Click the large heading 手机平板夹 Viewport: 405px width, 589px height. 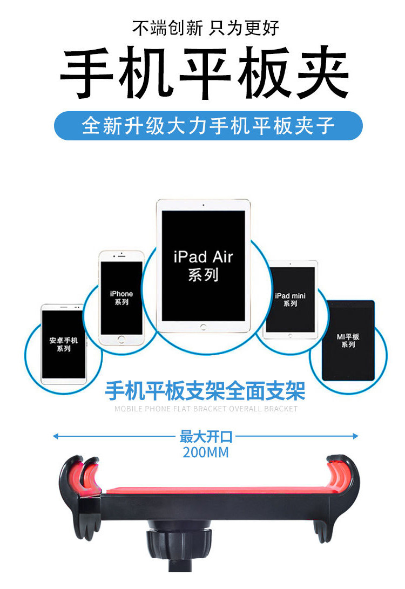pyautogui.click(x=205, y=72)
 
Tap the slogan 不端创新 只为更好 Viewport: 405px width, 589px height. pyautogui.click(x=206, y=28)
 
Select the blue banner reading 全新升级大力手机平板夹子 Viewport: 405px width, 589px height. pyautogui.click(x=208, y=126)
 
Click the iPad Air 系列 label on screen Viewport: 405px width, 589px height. pyautogui.click(x=203, y=266)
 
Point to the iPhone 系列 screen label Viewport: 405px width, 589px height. pyautogui.click(x=122, y=297)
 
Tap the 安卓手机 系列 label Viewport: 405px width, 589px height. pyautogui.click(x=64, y=344)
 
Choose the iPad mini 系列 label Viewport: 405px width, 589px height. pyautogui.click(x=290, y=300)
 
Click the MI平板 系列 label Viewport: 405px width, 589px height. pyautogui.click(x=348, y=340)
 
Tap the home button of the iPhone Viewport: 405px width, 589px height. pyautogui.click(x=121, y=339)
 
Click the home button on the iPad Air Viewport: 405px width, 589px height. pyautogui.click(x=203, y=327)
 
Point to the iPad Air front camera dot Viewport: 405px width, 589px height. pyautogui.click(x=203, y=205)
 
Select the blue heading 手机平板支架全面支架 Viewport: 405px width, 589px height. pyautogui.click(x=205, y=391)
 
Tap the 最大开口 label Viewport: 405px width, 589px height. pyautogui.click(x=206, y=437)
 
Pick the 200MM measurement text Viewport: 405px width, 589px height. pyautogui.click(x=206, y=452)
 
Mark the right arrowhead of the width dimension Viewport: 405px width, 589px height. pyautogui.click(x=355, y=436)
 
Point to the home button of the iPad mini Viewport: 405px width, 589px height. pyautogui.click(x=290, y=335)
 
